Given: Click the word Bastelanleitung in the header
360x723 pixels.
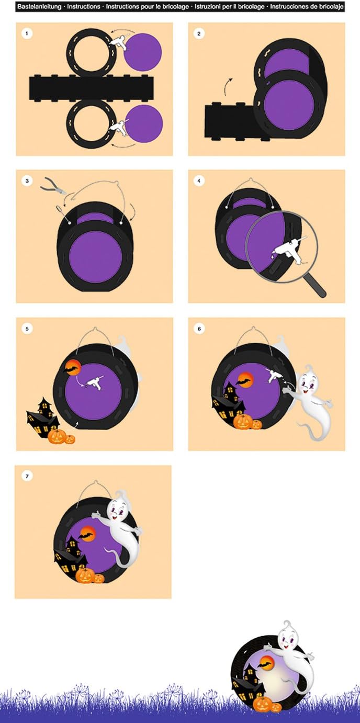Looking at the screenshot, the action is [x=39, y=6].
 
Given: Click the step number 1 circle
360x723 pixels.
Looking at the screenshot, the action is [x=27, y=33].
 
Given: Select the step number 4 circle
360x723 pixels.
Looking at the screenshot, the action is [x=199, y=181].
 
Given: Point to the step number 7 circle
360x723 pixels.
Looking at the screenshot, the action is [x=27, y=476].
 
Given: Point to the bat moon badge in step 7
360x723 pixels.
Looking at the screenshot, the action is [x=87, y=534].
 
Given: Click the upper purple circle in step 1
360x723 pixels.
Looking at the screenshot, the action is [x=143, y=52].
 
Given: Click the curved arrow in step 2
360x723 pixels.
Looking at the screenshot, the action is [x=227, y=86].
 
